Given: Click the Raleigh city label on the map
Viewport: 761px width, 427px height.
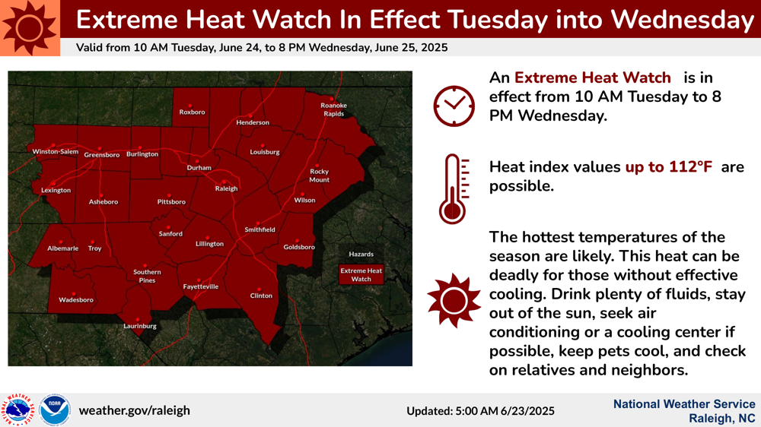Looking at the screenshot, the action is (x=226, y=188).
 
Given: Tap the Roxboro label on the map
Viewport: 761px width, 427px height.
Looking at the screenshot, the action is (x=193, y=112).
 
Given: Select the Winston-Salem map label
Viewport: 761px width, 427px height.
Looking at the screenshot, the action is (x=56, y=152).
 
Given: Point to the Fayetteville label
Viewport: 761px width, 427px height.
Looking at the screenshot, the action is (x=200, y=286).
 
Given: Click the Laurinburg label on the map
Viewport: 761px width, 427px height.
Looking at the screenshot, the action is (x=140, y=326).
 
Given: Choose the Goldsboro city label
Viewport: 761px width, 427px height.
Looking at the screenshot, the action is (x=299, y=247).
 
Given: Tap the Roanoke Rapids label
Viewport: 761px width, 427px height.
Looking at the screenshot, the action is (x=334, y=109).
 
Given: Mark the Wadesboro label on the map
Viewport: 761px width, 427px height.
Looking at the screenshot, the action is (x=76, y=300).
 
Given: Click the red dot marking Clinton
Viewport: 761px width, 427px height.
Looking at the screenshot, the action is (x=260, y=289).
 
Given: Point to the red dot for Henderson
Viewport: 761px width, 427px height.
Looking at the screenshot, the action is (x=250, y=115).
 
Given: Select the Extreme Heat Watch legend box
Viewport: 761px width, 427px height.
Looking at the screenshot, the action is (x=361, y=275).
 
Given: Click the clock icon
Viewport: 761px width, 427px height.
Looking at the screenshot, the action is (x=454, y=106).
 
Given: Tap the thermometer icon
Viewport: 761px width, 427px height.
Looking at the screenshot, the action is (x=454, y=189).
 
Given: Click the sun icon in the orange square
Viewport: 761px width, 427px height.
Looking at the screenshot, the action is (x=30, y=27).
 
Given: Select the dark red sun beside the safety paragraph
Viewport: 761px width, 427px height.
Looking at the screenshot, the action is (x=454, y=301).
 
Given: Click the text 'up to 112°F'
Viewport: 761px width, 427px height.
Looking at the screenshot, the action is (x=668, y=167).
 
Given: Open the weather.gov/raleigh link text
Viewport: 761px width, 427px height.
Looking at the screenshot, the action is (x=135, y=410).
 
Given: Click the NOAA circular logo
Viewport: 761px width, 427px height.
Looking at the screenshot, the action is (x=55, y=410).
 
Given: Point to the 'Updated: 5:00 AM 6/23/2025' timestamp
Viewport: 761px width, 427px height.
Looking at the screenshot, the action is (x=480, y=411).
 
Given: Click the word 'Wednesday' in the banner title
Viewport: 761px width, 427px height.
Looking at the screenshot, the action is (x=683, y=20).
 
